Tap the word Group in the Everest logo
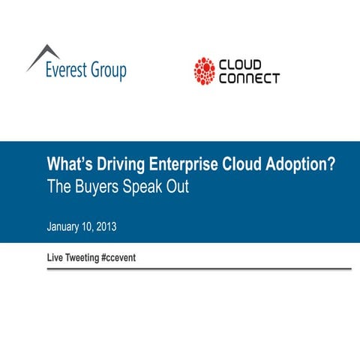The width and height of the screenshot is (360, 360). point(109,72)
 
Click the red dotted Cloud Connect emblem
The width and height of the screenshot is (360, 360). point(204,71)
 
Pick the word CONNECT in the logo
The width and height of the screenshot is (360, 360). point(250,78)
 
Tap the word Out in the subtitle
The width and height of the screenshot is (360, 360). point(178,187)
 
